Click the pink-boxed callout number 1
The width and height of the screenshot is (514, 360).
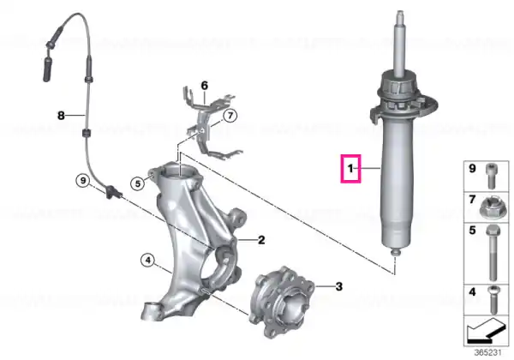coord(350,169)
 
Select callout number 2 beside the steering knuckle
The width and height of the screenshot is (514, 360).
coord(261,240)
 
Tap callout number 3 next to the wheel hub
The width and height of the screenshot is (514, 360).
coord(338,286)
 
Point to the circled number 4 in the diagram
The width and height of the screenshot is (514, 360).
coord(148,261)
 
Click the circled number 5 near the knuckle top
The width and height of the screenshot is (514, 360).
coord(138,183)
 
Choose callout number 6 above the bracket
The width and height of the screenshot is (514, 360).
coord(204,86)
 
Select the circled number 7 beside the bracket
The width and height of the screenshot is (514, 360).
coord(230,116)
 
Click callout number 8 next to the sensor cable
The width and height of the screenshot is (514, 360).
coord(61,116)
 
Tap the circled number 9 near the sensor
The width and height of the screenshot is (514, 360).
coord(83,181)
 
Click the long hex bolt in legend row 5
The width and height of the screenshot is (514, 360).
coord(493,253)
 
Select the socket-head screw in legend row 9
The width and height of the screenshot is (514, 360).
coord(491,176)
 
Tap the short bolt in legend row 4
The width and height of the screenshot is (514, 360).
coord(493,300)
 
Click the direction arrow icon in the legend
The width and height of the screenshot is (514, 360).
coord(486,329)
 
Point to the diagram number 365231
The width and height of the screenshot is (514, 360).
coord(488,353)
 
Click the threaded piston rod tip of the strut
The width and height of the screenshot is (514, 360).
coord(400,15)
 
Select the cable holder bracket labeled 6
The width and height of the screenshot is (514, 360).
coord(211,123)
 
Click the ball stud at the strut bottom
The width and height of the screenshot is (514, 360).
coord(396,253)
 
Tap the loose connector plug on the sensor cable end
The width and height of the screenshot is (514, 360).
coord(47,69)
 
